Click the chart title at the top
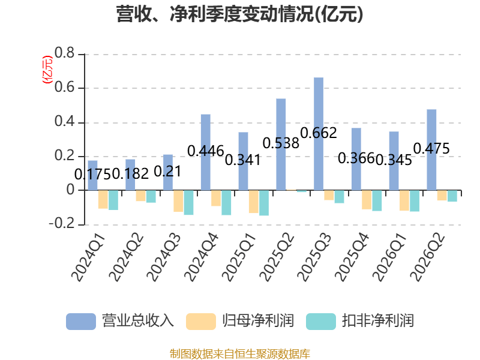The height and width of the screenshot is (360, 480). pos(239,14)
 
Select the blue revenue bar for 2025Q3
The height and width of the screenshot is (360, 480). pos(319,134)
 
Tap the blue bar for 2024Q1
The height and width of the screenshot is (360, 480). pos(93,175)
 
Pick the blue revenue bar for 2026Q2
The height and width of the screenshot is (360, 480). pos(431,149)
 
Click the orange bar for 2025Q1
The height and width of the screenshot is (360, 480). pos(253,202)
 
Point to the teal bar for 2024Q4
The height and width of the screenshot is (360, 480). pos(226,202)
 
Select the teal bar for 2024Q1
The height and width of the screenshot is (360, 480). pos(113,200)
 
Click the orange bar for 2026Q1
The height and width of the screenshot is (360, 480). pos(404,200)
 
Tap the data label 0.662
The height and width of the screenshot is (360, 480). pos(319,133)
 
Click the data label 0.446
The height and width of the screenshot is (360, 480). pos(206,151)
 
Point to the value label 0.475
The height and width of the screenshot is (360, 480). pos(431,148)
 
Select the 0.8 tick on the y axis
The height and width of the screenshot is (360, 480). pos(65,53)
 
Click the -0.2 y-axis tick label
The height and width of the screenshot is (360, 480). pos(62,223)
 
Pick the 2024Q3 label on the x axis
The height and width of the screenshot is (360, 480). pos(164,257)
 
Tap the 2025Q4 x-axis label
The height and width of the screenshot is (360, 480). pos(352,257)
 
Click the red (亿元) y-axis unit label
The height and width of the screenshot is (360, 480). pos(47,70)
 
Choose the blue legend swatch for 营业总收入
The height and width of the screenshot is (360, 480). pos(81,322)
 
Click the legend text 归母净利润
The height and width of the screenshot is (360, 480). pos(258,321)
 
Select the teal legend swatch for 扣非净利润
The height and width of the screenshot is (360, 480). pos(321,322)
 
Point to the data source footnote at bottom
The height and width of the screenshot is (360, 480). pos(240,353)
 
